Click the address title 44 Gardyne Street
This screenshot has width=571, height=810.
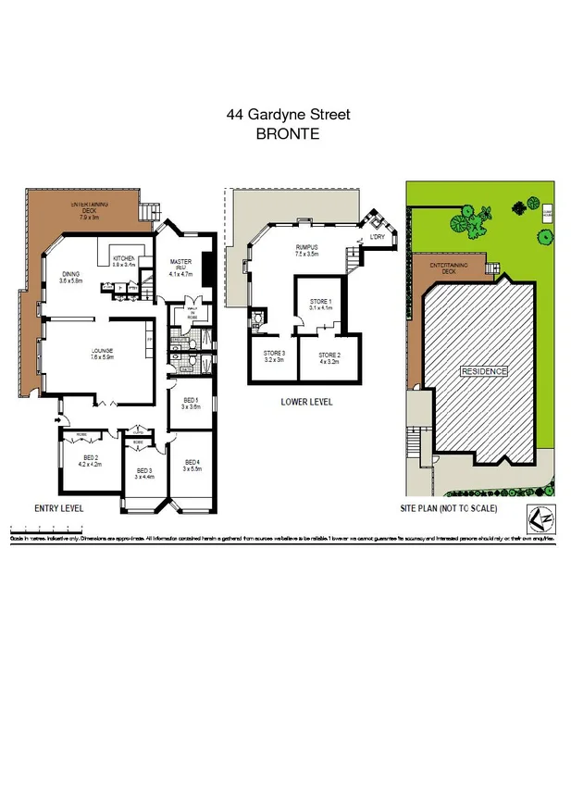pos(288,115)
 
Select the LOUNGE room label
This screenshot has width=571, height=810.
pos(102,350)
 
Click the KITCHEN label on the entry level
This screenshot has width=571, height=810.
pos(124,258)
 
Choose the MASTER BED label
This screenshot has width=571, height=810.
pos(180,263)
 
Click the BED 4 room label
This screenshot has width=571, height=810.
pos(192,463)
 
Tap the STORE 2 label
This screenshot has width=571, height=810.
pos(329,355)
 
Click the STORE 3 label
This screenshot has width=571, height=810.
pos(274,355)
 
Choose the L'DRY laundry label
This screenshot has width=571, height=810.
pos(377,237)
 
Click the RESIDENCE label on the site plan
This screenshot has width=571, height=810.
pos(484,371)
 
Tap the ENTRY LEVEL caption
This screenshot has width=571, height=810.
pos(59,508)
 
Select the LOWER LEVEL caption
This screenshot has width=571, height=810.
pos(306,402)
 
